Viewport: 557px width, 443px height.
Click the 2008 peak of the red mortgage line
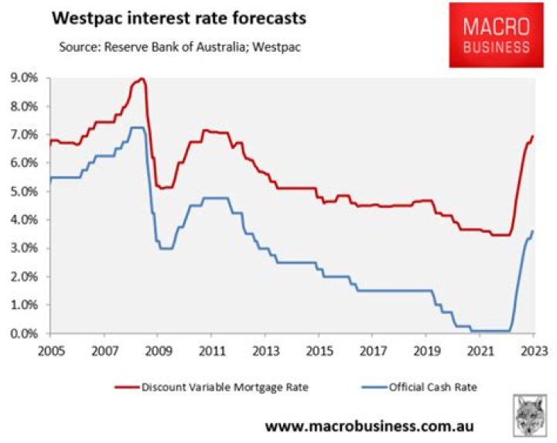[x=141, y=79]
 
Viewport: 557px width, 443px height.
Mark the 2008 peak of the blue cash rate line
[x=137, y=128]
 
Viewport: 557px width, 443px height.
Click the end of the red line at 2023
[x=533, y=136]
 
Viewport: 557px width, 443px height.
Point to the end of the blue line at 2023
[x=533, y=230]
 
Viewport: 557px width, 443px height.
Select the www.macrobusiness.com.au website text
[x=369, y=426]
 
